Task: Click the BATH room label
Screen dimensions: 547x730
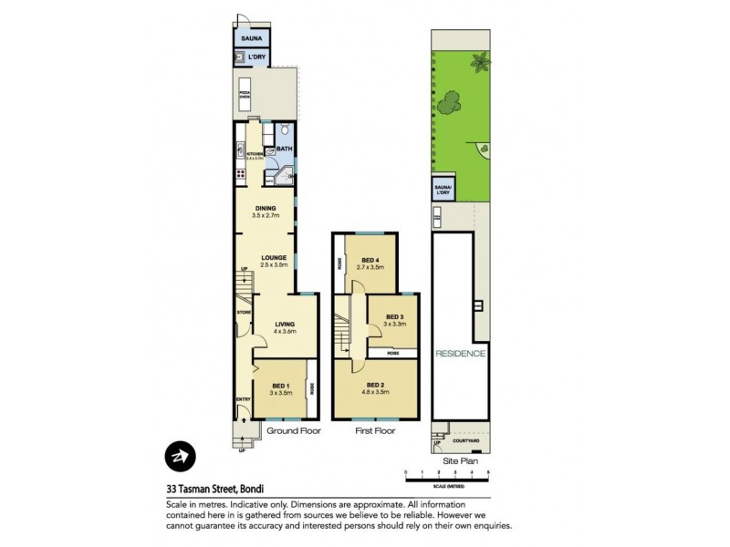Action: pyautogui.click(x=284, y=149)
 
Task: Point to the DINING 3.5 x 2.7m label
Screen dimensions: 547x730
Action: pyautogui.click(x=266, y=212)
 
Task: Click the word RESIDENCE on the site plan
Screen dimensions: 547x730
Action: pyautogui.click(x=460, y=353)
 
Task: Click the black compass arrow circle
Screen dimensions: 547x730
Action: pyautogui.click(x=177, y=455)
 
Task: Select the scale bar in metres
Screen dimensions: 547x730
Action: pyautogui.click(x=447, y=476)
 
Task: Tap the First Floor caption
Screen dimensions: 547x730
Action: pyautogui.click(x=375, y=430)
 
